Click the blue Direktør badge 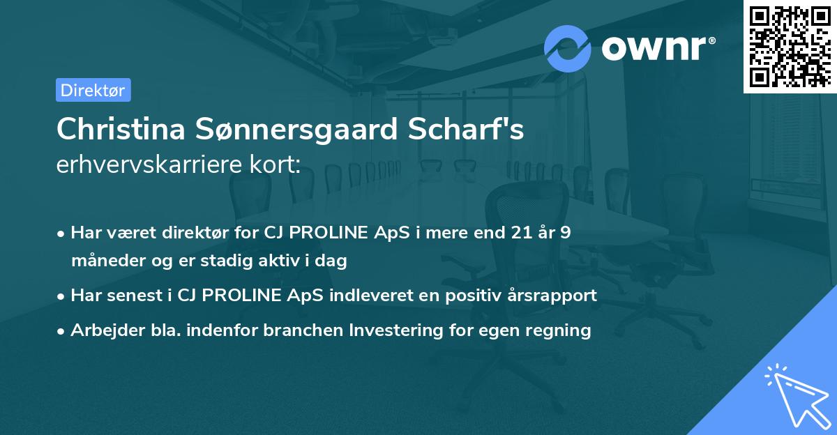[x=93, y=90]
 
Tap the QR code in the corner [x=789, y=46]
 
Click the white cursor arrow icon [x=796, y=396]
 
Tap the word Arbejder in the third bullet [x=100, y=330]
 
